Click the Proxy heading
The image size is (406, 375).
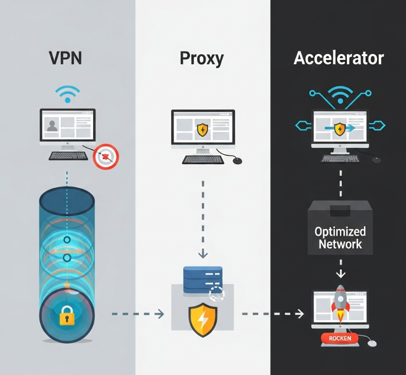tap(201, 59)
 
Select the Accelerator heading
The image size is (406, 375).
tap(339, 59)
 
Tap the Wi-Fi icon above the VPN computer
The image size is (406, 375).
tap(68, 95)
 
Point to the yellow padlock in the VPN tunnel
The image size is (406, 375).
tap(67, 317)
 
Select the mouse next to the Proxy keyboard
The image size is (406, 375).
tap(237, 160)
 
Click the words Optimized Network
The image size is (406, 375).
tap(340, 238)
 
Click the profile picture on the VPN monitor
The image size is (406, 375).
tap(52, 126)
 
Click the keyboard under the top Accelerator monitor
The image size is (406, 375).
tap(340, 158)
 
